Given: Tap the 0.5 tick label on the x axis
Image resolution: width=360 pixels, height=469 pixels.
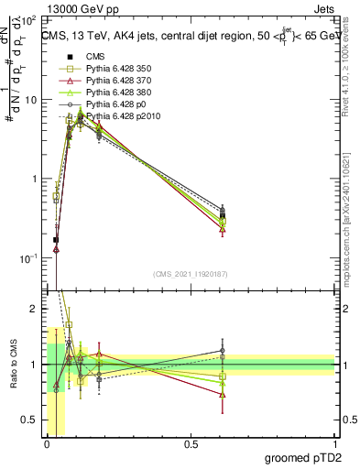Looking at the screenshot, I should (x=191, y=443).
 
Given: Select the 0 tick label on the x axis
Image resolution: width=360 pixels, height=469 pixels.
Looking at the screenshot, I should (x=47, y=443).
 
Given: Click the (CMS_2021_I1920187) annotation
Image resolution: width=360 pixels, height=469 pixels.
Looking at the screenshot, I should (x=191, y=273).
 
